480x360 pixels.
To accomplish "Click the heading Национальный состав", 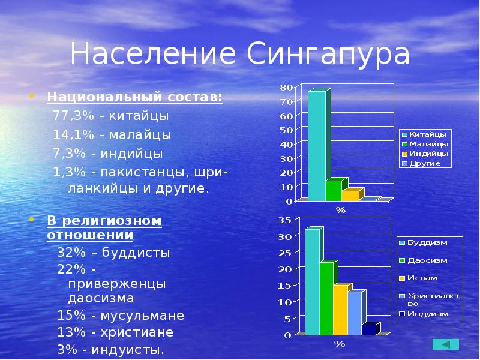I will (x=135, y=97).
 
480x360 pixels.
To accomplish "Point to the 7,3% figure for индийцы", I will (x=66, y=153).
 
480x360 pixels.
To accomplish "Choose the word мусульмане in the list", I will (x=144, y=316).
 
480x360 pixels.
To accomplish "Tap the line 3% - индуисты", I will (x=110, y=350).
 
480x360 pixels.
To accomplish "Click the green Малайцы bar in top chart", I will (x=334, y=190).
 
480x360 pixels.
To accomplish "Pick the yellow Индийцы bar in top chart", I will (x=350, y=195).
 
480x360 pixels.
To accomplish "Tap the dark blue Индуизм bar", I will (x=368, y=329).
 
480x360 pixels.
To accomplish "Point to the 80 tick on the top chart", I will (x=286, y=88).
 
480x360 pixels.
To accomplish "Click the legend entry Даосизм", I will (x=427, y=260).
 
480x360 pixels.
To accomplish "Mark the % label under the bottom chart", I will (x=340, y=344).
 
